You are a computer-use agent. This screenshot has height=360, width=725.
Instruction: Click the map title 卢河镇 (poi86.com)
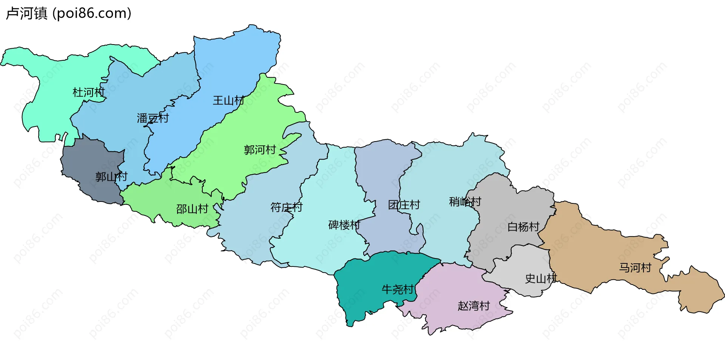(x=69, y=13)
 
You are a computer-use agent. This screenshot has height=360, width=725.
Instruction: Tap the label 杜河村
(x=88, y=92)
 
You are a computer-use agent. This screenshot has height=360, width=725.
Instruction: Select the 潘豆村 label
(x=153, y=118)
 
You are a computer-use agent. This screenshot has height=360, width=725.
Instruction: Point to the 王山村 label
(x=228, y=100)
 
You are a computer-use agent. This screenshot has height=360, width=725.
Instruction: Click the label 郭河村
(x=260, y=150)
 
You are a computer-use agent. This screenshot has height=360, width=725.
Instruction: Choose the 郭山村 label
(x=111, y=177)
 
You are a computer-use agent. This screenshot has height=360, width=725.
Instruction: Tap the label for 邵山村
(x=192, y=209)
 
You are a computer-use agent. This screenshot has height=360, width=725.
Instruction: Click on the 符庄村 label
(x=287, y=207)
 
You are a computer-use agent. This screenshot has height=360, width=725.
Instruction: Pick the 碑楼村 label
(x=344, y=225)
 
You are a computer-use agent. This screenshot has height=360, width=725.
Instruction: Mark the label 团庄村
(x=404, y=205)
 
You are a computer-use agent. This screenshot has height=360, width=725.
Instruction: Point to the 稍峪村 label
(x=465, y=202)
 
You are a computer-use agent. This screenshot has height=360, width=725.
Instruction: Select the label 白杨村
(x=523, y=227)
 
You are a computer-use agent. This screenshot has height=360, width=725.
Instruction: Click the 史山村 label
(x=541, y=279)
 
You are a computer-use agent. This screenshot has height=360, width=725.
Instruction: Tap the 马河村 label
(x=635, y=268)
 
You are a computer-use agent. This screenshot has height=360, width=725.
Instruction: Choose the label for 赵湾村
(x=474, y=306)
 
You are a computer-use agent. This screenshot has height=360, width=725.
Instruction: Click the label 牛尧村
(x=398, y=289)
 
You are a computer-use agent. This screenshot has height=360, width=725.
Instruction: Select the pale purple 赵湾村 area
(x=453, y=287)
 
